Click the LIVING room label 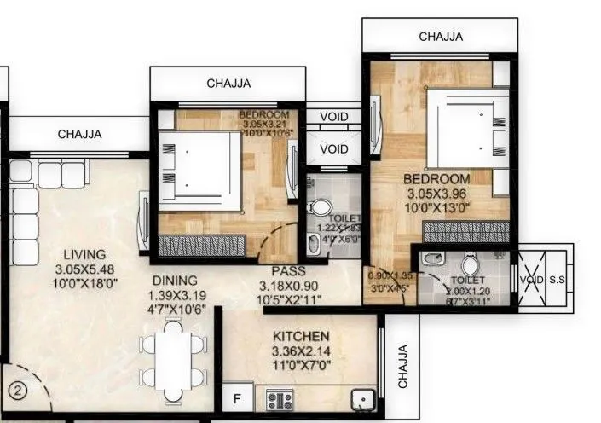[84, 254]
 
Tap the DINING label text [175, 280]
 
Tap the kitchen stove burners [280, 397]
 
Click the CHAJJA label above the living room [79, 134]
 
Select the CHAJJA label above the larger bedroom [441, 37]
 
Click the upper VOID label [333, 118]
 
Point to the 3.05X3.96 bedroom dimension [436, 194]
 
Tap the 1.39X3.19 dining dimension [175, 294]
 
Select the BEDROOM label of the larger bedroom [436, 179]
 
